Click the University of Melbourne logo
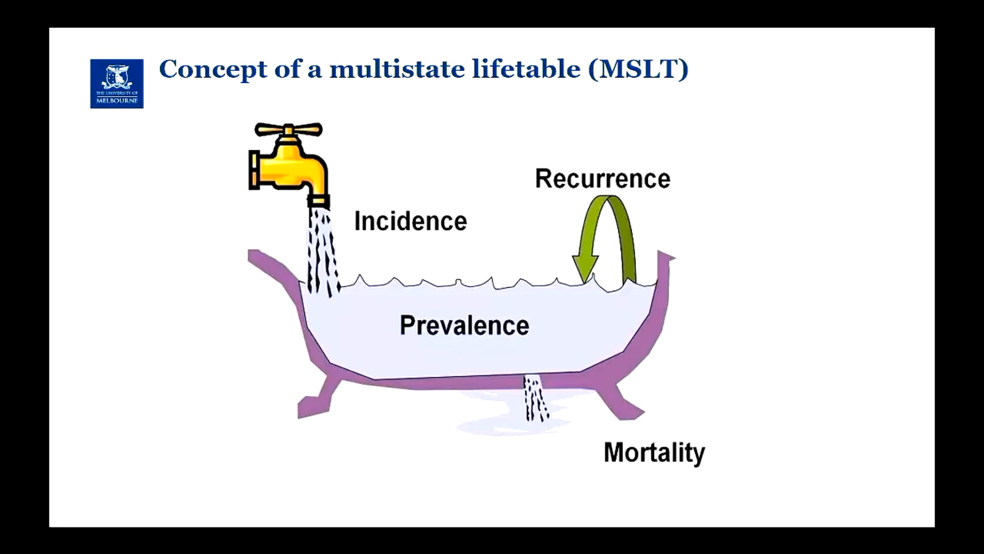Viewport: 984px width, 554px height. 117,84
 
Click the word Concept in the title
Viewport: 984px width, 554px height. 213,69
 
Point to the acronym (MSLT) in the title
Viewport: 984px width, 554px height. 638,69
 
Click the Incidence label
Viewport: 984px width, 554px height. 410,222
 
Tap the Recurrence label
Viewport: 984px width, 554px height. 603,179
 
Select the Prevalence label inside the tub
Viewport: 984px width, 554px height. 464,326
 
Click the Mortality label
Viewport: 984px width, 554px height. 654,453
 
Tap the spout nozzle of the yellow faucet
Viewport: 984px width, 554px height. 319,201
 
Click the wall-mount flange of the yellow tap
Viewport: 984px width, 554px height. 253,170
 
